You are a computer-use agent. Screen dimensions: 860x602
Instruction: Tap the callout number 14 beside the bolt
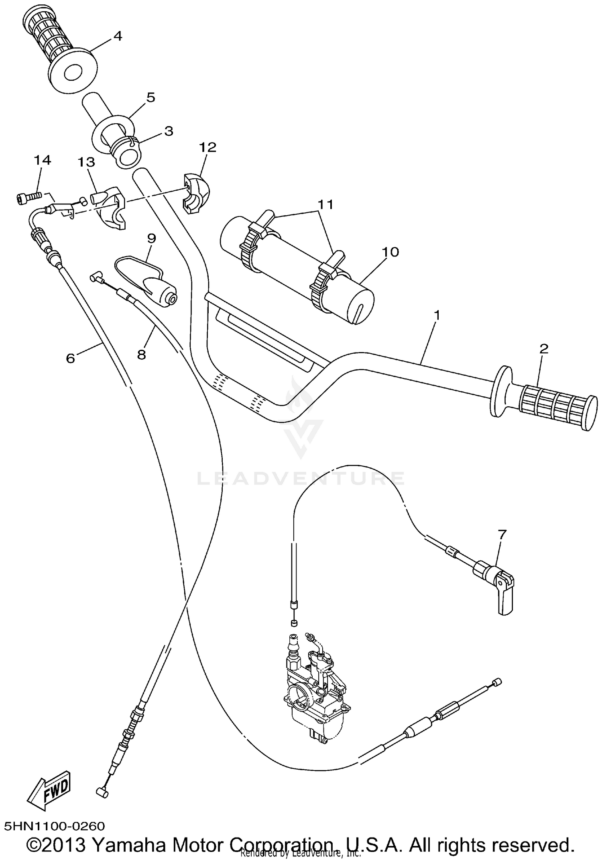[x=42, y=160]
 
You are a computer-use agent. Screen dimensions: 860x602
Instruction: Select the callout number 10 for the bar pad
[x=390, y=252]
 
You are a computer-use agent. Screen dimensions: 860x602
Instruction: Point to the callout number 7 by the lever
[x=502, y=534]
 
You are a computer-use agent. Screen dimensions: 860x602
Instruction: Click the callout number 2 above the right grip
[x=543, y=348]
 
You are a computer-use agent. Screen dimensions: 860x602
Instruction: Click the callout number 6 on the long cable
[x=71, y=358]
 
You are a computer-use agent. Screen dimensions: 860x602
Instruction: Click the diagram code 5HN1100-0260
[x=55, y=826]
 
